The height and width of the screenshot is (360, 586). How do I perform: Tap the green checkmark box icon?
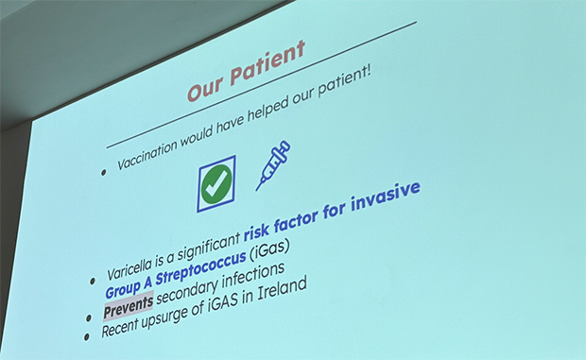(216, 182)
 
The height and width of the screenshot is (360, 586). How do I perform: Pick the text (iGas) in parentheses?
(268, 249)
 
